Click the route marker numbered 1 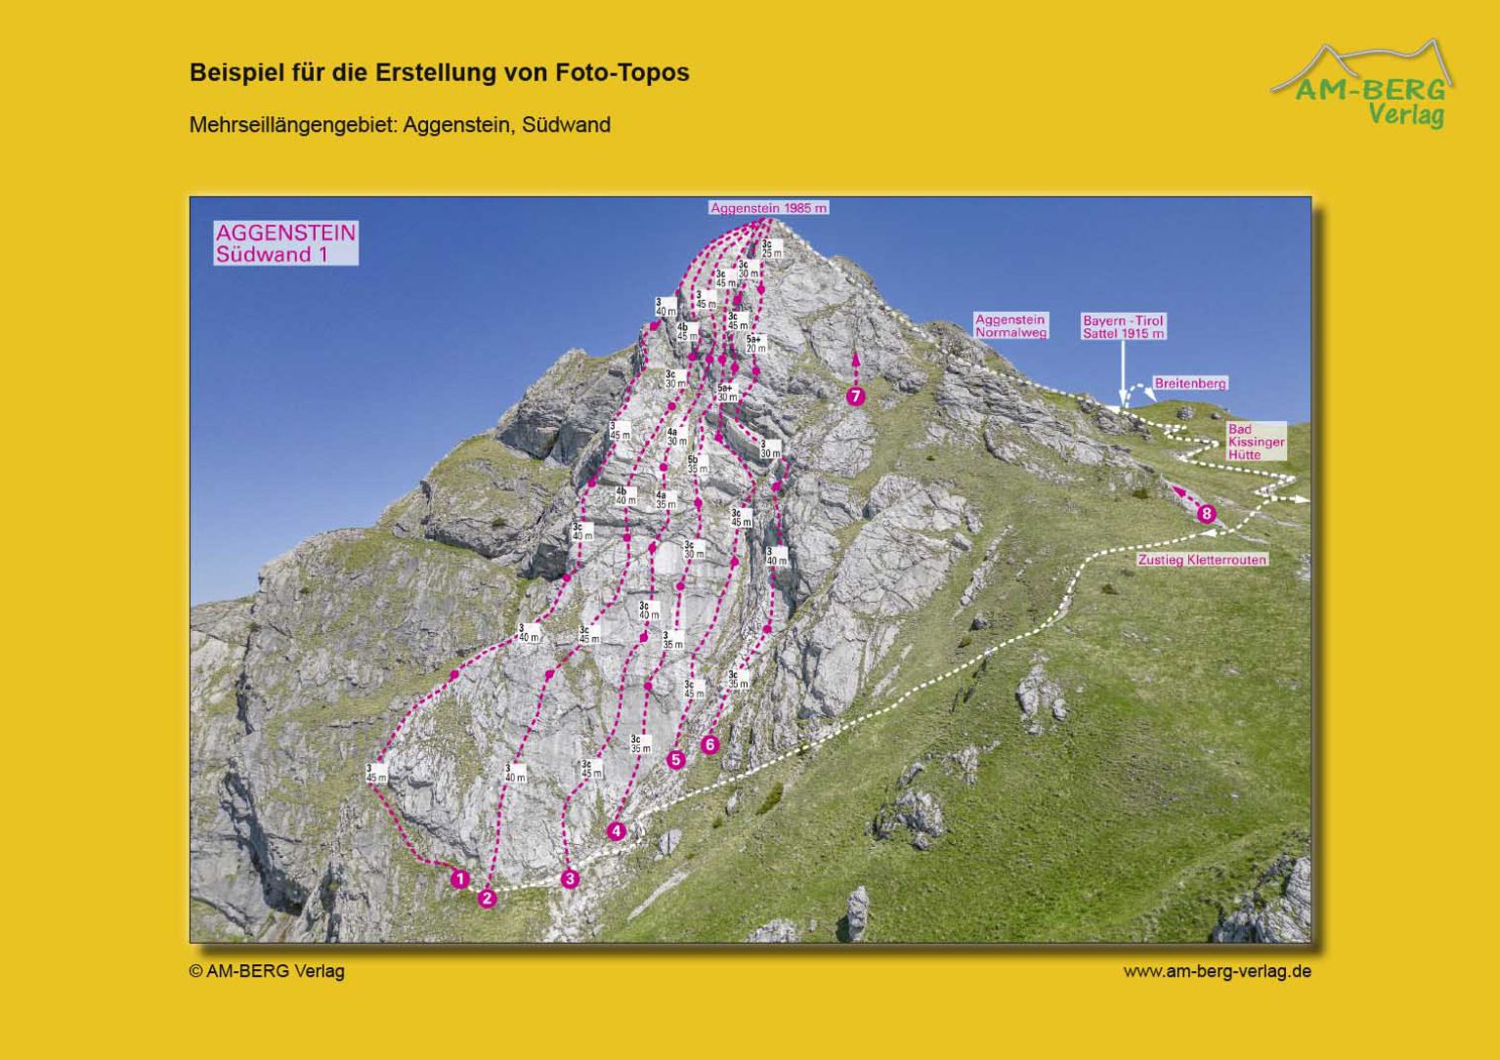tap(460, 879)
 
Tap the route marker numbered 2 tap(487, 899)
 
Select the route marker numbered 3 tap(570, 879)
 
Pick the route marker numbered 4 tap(617, 831)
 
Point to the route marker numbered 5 tap(676, 759)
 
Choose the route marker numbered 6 tap(710, 744)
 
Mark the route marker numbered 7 tap(856, 396)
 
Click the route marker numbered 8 tap(1207, 514)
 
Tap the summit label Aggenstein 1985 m tap(769, 208)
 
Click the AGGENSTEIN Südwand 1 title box tap(286, 243)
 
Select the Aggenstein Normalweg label tap(1010, 326)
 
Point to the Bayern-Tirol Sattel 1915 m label tap(1123, 327)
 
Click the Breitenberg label tap(1190, 384)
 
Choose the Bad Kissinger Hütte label tap(1256, 442)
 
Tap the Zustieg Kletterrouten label tap(1202, 560)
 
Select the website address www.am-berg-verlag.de tap(1217, 971)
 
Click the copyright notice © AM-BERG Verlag tap(267, 971)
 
